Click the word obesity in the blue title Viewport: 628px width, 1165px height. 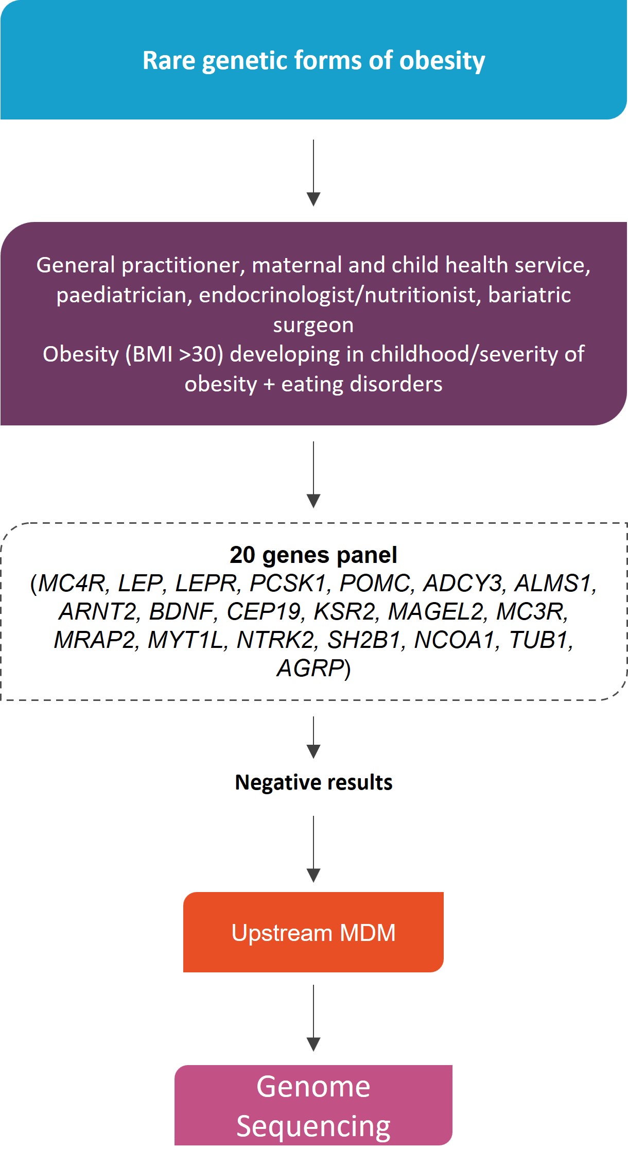[442, 61]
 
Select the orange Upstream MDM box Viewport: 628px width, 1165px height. [313, 932]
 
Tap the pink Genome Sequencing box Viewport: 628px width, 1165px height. [313, 1105]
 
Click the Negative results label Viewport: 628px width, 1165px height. [313, 782]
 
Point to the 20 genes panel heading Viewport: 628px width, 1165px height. [313, 555]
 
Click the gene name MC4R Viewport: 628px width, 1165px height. [72, 583]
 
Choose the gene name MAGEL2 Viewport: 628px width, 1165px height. [435, 611]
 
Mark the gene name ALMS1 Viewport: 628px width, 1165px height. [553, 583]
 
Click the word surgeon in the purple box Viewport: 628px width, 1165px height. [313, 325]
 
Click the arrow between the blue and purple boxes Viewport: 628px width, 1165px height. [313, 173]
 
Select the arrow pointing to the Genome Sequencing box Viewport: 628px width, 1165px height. [313, 1018]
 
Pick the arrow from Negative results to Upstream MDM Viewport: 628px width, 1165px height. [313, 849]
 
